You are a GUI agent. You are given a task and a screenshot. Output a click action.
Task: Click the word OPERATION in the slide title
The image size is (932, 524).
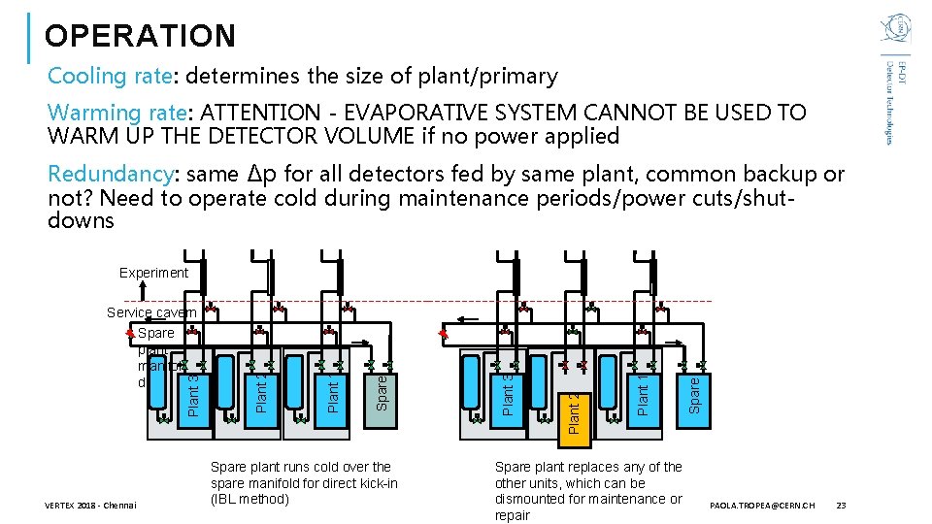point(140,36)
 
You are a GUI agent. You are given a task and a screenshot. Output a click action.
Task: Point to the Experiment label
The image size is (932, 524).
point(153,273)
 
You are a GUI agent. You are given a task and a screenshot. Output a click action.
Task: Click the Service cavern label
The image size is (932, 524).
point(150,312)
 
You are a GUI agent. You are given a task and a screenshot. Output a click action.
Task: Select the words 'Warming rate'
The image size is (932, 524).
point(109,113)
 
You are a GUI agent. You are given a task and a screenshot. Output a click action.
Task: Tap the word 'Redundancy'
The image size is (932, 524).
point(110,175)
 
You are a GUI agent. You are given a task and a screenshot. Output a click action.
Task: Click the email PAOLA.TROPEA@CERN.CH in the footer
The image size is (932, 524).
point(763,506)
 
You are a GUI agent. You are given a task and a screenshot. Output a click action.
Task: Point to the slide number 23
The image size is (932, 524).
point(841,506)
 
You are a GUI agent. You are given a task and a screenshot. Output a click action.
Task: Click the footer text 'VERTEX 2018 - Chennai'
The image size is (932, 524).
point(91,506)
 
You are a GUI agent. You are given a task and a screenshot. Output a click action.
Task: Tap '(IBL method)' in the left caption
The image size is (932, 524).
point(250,499)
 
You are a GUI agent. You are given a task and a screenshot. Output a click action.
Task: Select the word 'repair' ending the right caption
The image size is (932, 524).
point(513,515)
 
